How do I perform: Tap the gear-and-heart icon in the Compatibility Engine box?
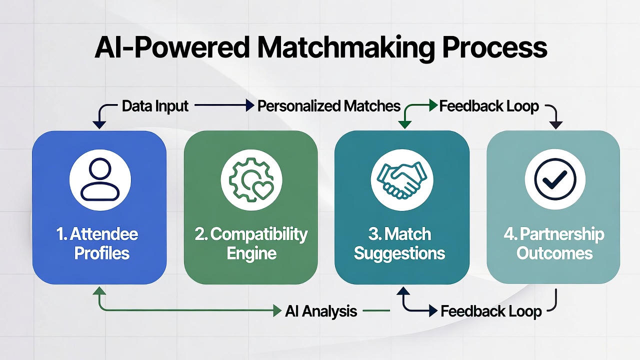click(251, 179)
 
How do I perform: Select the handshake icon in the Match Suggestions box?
click(402, 179)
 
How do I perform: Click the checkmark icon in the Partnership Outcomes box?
click(554, 179)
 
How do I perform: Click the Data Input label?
click(155, 106)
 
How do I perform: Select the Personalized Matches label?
click(328, 106)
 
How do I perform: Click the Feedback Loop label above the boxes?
click(488, 106)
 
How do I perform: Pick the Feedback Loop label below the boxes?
click(490, 311)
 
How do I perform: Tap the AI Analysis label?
click(321, 311)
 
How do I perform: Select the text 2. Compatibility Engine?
click(251, 243)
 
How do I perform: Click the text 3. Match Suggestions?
click(399, 243)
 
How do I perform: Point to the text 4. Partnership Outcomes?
click(554, 243)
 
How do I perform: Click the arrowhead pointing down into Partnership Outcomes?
click(556, 125)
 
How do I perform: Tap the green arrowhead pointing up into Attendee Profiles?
click(99, 291)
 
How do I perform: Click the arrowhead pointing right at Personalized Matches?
click(250, 106)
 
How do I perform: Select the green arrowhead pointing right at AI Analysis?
click(277, 311)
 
